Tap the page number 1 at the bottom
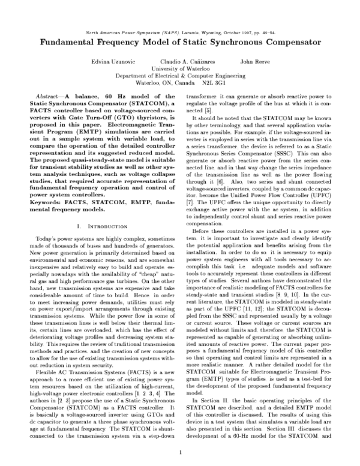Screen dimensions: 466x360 [x=180, y=453]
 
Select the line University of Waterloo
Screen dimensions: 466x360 [x=180, y=69]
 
